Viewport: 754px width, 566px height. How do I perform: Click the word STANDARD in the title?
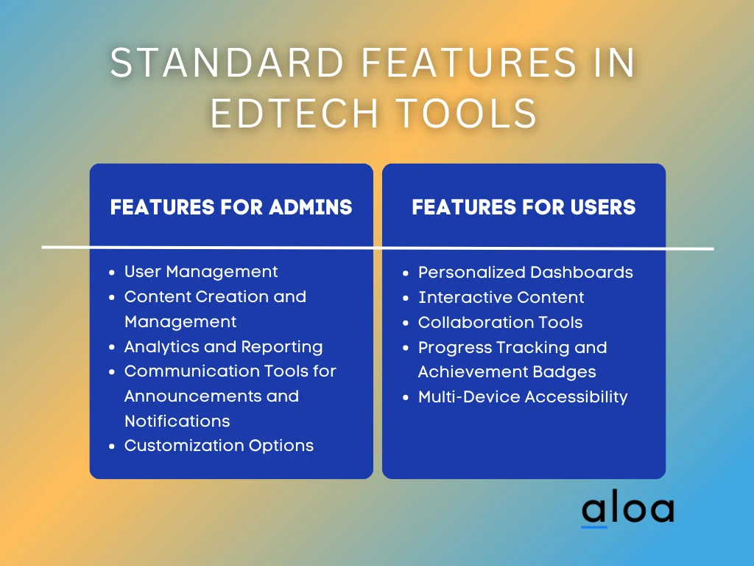[227, 62]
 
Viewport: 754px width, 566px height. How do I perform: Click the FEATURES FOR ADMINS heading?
[231, 207]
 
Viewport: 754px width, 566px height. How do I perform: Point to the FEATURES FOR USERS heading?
[524, 207]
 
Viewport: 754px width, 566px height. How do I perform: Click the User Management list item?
[201, 272]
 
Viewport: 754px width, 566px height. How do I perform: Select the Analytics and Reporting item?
[224, 347]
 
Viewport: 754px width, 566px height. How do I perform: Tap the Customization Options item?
[219, 446]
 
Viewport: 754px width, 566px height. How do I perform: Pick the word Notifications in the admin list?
[177, 421]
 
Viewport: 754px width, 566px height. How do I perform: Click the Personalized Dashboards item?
[526, 273]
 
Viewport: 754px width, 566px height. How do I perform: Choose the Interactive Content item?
[501, 298]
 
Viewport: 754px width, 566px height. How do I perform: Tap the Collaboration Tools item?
[500, 323]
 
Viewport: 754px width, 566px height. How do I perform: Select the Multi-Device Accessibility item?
[523, 397]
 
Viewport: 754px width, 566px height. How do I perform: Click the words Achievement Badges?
[507, 372]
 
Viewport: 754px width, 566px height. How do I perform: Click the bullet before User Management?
[112, 273]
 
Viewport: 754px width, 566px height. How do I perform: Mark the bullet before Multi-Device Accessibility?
[406, 398]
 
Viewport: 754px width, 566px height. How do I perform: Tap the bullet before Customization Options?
[112, 447]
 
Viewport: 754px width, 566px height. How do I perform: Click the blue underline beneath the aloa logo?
[594, 526]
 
